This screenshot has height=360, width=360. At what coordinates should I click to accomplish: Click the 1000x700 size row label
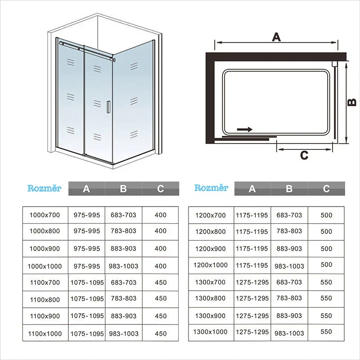tap(45, 215)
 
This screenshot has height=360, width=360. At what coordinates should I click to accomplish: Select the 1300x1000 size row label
tap(211, 332)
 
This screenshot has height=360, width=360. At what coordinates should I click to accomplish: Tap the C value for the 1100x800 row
tap(160, 299)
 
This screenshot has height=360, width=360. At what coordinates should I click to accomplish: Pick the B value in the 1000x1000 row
tap(123, 266)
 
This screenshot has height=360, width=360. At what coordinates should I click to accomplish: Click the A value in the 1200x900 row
tap(252, 248)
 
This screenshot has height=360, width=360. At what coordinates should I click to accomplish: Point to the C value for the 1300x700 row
tap(327, 283)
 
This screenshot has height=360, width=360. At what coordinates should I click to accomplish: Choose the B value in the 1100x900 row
tap(123, 316)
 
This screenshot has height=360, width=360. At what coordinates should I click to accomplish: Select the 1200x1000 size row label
tap(211, 265)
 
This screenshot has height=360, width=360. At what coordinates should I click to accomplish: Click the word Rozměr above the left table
tap(44, 188)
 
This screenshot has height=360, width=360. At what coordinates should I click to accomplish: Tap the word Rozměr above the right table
tap(211, 188)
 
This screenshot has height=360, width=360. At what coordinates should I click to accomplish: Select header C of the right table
tap(326, 189)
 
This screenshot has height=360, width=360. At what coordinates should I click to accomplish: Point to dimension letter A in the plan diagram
tap(276, 37)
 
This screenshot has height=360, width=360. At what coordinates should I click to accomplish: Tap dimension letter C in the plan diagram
tap(304, 155)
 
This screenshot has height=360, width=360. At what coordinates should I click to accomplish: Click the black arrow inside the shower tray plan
tap(244, 129)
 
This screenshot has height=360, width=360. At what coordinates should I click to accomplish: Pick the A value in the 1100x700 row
tap(87, 283)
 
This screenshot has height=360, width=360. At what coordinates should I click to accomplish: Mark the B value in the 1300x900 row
tap(289, 316)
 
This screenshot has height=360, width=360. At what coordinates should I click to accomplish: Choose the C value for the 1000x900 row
tap(160, 248)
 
